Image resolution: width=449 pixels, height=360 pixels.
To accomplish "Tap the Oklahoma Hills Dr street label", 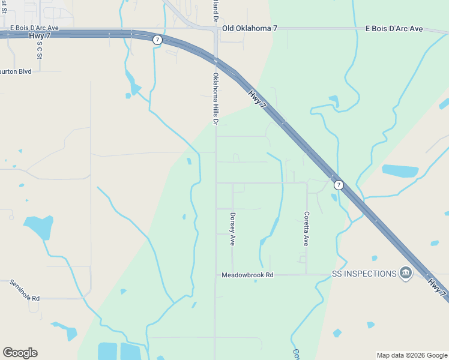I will (215, 99).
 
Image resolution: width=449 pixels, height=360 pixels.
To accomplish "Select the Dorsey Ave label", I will (232, 229).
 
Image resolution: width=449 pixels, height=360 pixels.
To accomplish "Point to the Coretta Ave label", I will (306, 229).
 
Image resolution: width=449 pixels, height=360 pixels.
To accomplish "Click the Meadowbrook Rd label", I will (247, 275).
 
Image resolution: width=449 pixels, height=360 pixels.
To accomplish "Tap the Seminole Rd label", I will (24, 290).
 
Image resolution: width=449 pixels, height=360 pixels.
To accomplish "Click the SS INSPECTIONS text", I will (364, 274).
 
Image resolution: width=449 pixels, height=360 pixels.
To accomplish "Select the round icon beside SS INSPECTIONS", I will (406, 274).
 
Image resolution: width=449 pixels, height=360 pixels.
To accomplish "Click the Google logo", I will (20, 353).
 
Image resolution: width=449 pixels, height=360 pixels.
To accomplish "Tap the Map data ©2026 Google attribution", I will (412, 355).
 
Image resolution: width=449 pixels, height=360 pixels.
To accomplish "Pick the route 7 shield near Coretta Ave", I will (339, 185).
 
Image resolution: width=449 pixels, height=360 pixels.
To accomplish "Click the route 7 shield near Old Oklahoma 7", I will (157, 40).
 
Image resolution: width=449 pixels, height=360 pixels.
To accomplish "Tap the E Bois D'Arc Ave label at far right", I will (394, 28).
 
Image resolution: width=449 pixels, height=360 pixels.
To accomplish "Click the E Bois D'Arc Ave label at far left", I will (34, 28).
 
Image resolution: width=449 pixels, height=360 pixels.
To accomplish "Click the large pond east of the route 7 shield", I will (400, 171).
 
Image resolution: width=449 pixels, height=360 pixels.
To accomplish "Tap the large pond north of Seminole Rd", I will (39, 227).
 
